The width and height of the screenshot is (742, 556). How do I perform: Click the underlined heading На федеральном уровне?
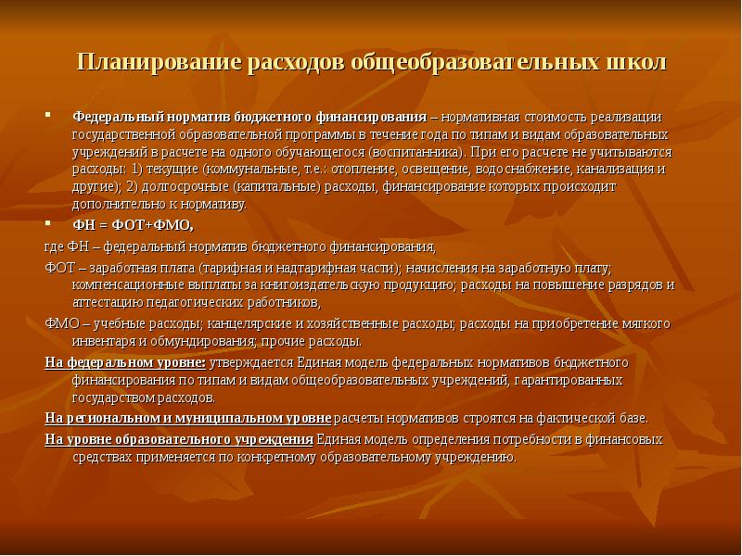pyautogui.click(x=125, y=361)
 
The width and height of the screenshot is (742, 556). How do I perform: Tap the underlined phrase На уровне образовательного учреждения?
pyautogui.click(x=179, y=438)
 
